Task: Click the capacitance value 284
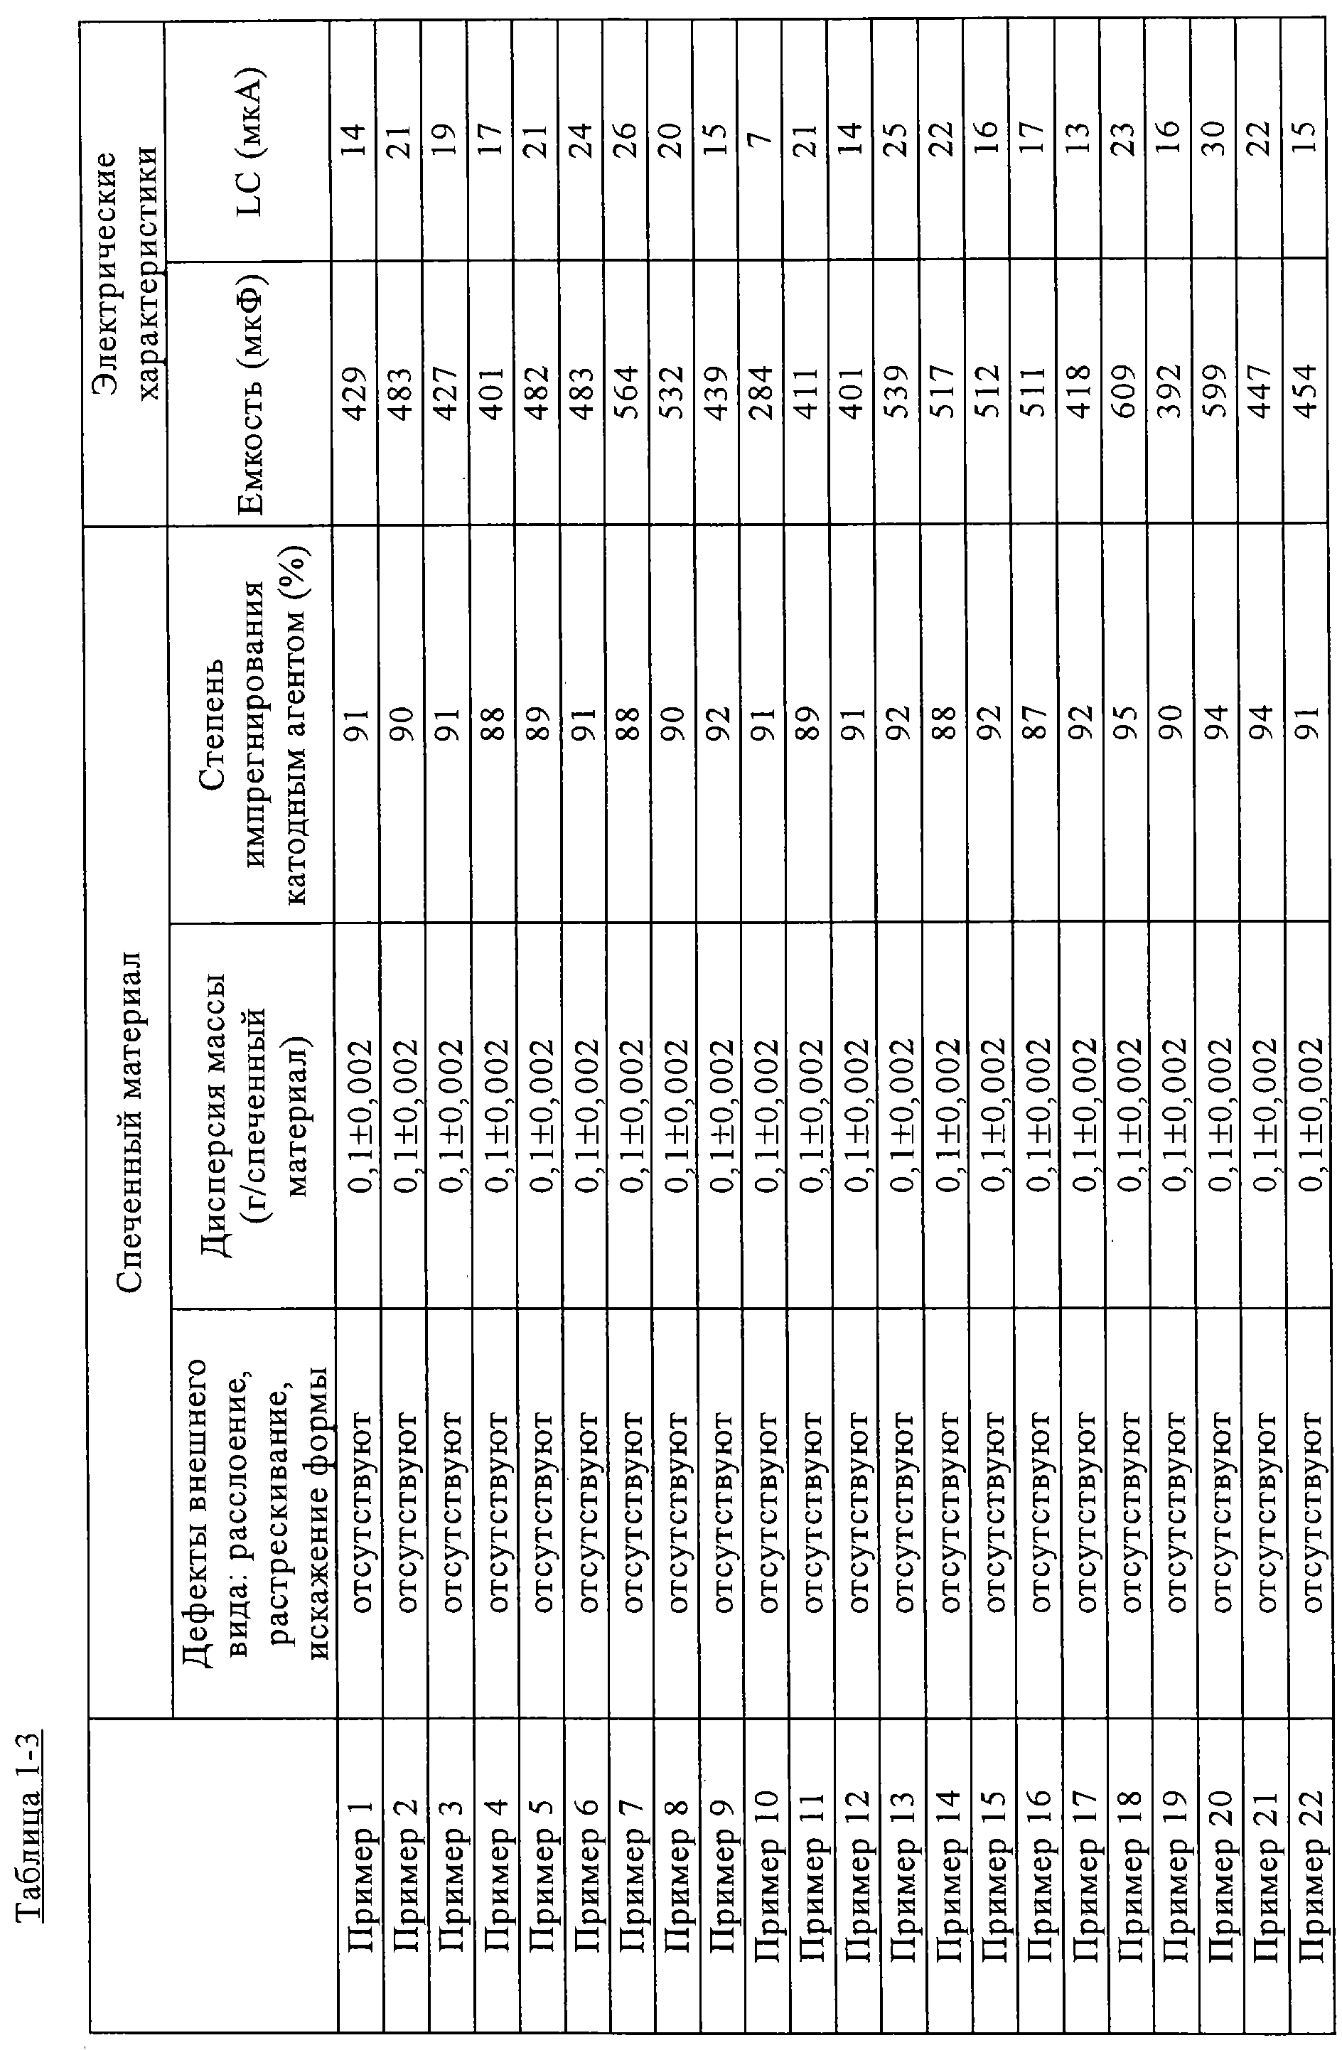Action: [x=760, y=392]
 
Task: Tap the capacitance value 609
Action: [x=1122, y=392]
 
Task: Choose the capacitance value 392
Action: [x=1167, y=392]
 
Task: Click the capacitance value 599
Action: [x=1213, y=392]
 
